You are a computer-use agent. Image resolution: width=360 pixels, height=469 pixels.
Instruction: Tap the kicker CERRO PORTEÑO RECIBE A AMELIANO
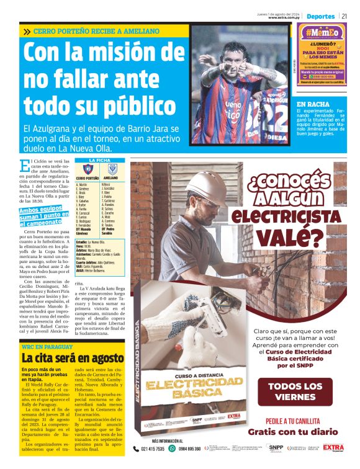96,31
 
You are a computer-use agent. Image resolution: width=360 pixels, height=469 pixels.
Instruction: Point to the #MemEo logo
322,33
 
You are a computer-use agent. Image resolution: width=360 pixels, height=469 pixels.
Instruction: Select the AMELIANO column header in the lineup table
111,178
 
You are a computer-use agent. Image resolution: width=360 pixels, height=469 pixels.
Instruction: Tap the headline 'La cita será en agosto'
73,358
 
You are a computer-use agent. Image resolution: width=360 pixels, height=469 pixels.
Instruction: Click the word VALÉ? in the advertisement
290,238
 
